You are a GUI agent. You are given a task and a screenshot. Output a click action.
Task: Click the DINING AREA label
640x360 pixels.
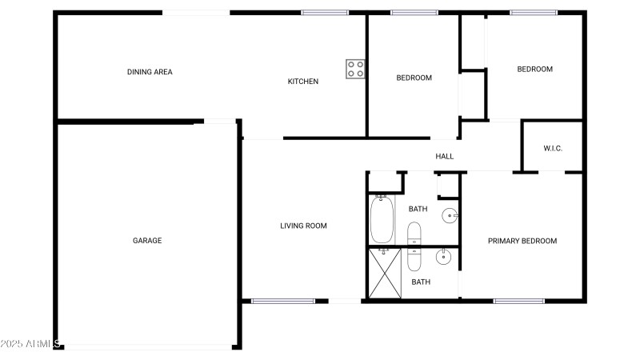coord(150,72)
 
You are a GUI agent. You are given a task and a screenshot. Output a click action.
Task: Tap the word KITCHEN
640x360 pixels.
coord(303,82)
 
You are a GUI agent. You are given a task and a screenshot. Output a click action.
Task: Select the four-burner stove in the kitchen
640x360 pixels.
coord(355,70)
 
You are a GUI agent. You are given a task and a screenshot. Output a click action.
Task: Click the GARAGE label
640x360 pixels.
coord(147,240)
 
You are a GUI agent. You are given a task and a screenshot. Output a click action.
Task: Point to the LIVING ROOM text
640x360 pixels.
coord(303,226)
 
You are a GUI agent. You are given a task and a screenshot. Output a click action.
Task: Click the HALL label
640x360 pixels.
coord(444,156)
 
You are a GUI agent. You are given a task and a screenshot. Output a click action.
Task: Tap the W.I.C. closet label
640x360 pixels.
coord(554,148)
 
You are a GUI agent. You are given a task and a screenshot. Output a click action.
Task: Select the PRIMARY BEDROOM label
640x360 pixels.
coord(522,241)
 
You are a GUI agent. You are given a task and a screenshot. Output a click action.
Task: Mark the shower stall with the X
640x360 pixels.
coord(383,274)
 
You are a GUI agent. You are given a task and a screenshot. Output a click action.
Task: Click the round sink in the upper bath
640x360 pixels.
coord(451,214)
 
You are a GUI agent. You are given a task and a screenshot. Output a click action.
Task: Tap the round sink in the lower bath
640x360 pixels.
coord(445,257)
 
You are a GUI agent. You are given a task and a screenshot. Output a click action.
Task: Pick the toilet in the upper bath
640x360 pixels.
coord(414,234)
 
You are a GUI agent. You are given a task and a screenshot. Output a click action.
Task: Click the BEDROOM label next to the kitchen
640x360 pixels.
coord(414,78)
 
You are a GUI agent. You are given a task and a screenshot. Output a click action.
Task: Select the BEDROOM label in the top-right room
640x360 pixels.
coord(534,69)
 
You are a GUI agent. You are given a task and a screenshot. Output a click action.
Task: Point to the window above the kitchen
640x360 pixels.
coord(324,12)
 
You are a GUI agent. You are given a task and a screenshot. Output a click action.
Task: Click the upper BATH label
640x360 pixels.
coord(418,209)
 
